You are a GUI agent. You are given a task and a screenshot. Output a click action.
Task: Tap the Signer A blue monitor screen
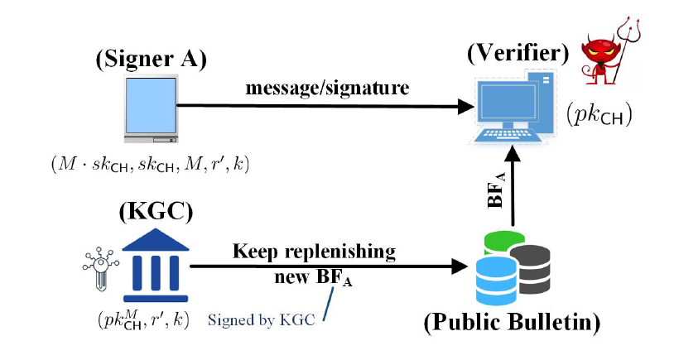point(151,107)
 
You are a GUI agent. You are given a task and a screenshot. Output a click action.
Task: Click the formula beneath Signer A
point(149,164)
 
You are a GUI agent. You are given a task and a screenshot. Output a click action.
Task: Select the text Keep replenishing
point(314,251)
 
